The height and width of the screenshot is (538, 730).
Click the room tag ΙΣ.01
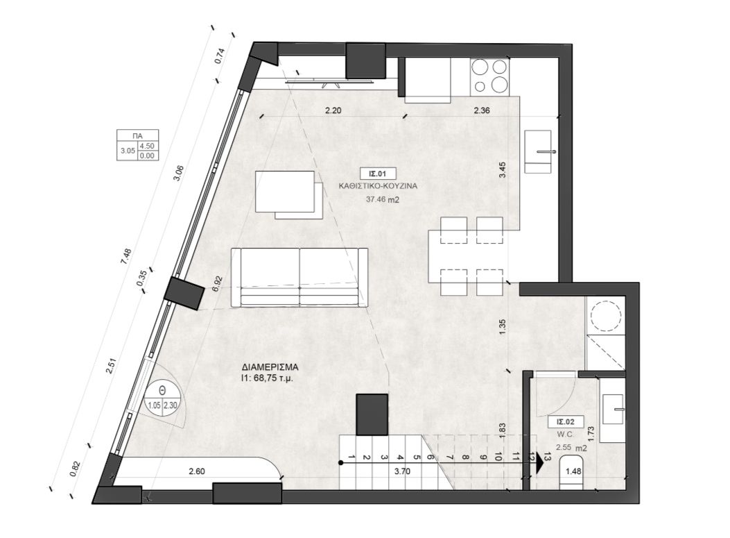(377, 174)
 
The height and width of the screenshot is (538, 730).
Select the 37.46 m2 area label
(383, 199)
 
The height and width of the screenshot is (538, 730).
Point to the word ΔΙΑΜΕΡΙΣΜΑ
(270, 367)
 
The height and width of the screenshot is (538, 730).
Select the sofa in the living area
(299, 277)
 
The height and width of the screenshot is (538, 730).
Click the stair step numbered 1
(352, 457)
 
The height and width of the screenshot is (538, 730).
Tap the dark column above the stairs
(372, 414)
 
